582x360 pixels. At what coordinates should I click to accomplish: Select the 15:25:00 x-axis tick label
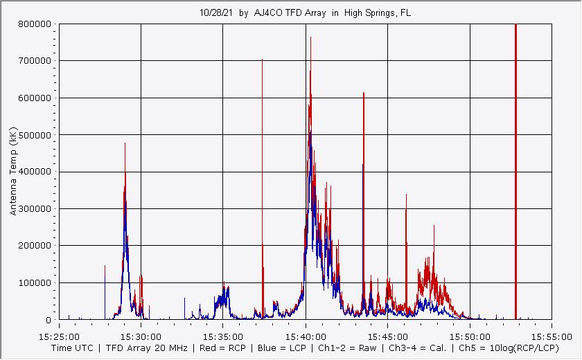pos(59,333)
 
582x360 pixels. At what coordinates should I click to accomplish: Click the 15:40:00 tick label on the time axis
pos(305,333)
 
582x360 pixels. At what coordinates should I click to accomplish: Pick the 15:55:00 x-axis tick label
pos(551,333)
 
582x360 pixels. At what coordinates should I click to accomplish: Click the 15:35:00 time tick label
pos(223,333)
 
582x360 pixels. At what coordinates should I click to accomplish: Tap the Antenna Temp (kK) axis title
pos(13,171)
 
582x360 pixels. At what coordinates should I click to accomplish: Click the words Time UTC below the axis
pos(74,348)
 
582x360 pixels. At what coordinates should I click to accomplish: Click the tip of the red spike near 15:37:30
pos(262,60)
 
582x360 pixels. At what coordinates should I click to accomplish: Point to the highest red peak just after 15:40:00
pos(310,37)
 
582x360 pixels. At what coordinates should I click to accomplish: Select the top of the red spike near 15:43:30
pos(363,93)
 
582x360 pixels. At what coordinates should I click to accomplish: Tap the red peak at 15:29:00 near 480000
pos(125,143)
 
